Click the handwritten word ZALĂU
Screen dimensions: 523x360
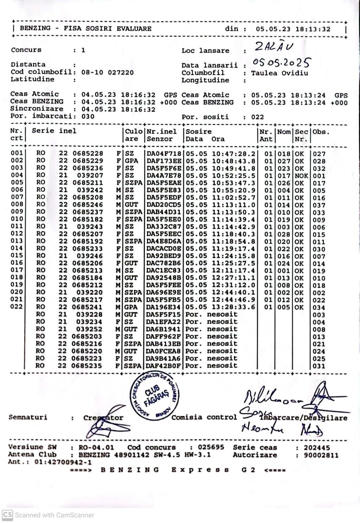274,47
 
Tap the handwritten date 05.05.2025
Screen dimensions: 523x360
281,63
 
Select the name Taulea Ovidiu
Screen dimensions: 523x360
279,73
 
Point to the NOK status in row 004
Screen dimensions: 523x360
301,176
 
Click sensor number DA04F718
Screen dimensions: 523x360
164,154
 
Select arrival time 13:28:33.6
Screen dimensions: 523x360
234,307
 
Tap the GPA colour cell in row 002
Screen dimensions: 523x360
131,161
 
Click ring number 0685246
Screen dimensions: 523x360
88,205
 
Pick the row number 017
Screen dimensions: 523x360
17,270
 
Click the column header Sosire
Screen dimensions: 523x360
199,132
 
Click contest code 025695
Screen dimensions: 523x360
211,447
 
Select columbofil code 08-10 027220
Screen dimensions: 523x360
107,73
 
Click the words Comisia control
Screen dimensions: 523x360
204,418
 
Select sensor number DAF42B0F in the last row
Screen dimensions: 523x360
164,366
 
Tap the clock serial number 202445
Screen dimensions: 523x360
317,447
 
